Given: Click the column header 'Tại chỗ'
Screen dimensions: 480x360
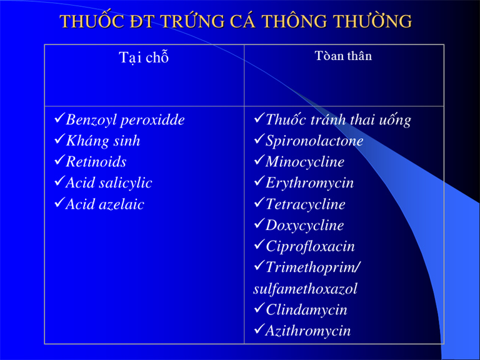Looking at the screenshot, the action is click(x=144, y=57).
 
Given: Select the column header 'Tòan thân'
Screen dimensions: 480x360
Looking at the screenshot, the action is click(x=343, y=56).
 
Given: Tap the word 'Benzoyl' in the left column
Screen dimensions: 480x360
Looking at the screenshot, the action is click(x=91, y=120).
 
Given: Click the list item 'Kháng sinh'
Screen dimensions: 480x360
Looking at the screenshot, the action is click(x=103, y=141).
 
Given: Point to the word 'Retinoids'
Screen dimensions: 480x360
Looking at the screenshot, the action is click(x=96, y=162).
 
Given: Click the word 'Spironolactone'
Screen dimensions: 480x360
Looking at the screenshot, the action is click(x=314, y=141).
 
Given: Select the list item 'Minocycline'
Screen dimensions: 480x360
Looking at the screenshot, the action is click(x=305, y=162).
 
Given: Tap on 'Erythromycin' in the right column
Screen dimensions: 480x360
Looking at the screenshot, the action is click(x=309, y=183).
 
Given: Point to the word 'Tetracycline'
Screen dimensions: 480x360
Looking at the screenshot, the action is click(x=305, y=204).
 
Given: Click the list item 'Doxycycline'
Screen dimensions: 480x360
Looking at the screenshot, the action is click(x=304, y=226).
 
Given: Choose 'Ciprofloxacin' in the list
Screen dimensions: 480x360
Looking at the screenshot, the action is click(x=310, y=246).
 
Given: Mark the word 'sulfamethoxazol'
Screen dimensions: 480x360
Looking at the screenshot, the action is click(x=305, y=289).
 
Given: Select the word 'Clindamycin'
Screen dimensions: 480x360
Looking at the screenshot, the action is click(x=306, y=310).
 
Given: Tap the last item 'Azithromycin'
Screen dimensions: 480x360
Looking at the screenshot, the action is click(x=308, y=331).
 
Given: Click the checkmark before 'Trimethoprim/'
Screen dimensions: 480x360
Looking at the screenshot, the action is click(x=259, y=266).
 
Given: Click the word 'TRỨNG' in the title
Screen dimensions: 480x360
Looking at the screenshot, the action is click(x=192, y=21).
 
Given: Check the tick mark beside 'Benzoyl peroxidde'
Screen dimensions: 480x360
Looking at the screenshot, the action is click(x=59, y=118).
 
